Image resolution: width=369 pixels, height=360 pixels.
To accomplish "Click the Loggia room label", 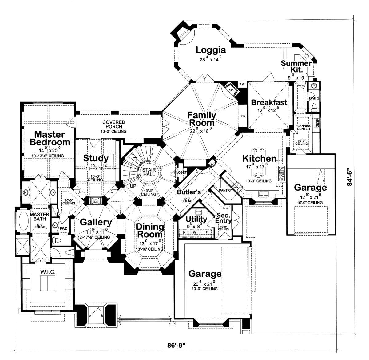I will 211,50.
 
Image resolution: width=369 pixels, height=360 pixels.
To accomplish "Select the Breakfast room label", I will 269,102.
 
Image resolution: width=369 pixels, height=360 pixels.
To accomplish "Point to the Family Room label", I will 202,119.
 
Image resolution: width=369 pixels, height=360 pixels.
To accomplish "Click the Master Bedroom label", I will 50,138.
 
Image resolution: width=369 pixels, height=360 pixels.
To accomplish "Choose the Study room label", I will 96,158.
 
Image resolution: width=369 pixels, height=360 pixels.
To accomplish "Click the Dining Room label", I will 150,231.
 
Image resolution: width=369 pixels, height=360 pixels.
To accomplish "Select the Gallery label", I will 96,222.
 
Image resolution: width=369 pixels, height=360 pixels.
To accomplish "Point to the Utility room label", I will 196,219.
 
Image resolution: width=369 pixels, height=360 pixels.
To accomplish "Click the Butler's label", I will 189,192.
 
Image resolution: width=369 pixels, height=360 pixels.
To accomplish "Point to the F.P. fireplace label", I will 231,90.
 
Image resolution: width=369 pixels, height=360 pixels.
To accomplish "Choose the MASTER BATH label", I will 38,217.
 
